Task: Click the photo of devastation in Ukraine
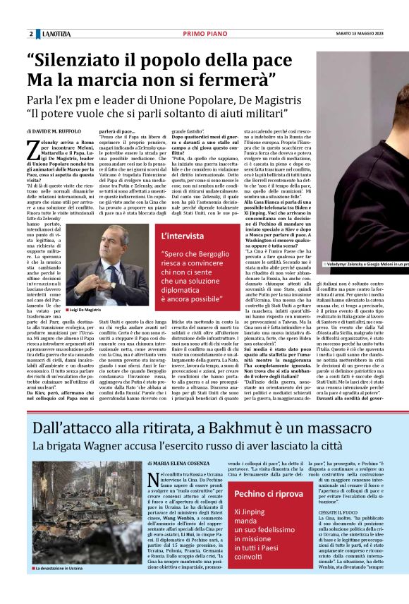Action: [x=85, y=521]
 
